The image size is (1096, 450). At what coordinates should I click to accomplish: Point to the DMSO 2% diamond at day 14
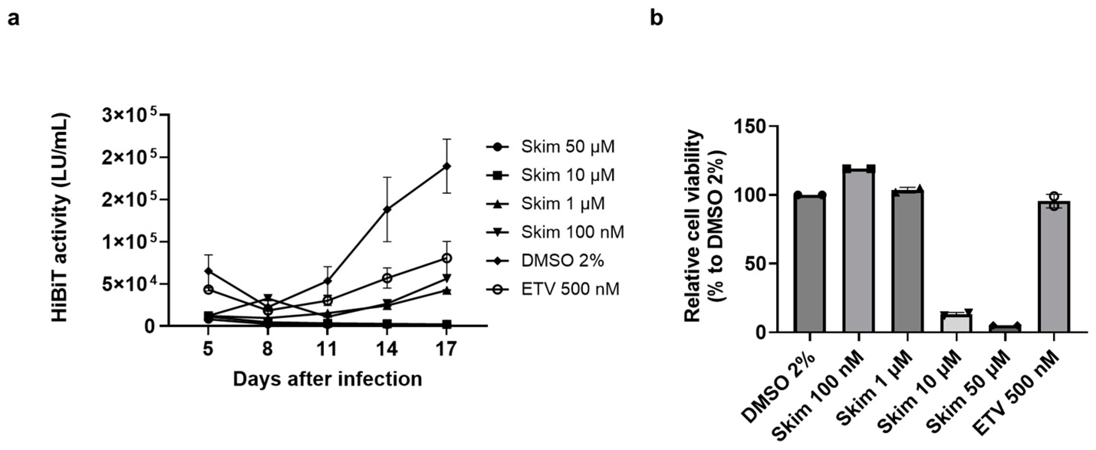pyautogui.click(x=387, y=209)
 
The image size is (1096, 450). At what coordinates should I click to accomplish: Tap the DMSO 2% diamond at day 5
pyautogui.click(x=208, y=271)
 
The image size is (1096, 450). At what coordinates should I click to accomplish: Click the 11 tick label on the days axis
pyautogui.click(x=327, y=350)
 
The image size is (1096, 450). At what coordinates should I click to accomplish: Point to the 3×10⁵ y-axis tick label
pyautogui.click(x=129, y=116)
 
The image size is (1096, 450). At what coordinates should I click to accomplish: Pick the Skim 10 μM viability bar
pyautogui.click(x=956, y=323)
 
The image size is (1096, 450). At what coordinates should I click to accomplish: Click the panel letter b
pyautogui.click(x=657, y=19)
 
